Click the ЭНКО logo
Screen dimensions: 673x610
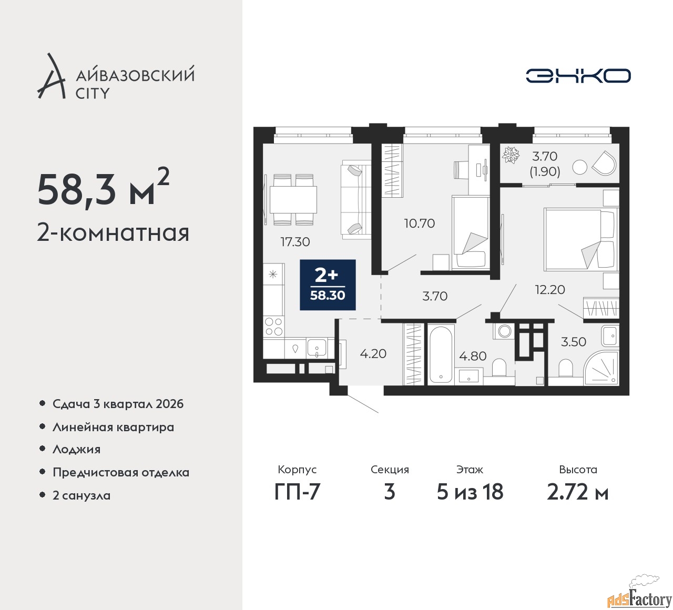pos(578,76)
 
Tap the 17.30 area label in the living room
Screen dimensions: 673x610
pos(295,241)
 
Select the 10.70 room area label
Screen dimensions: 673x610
pos(420,223)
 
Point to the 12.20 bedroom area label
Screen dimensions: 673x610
pos(550,289)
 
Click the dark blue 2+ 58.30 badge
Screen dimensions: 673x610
pos(328,285)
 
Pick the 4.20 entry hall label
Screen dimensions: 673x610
pos(373,354)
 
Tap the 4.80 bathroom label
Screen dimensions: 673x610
pos(473,356)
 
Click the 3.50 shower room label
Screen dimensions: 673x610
pos(574,342)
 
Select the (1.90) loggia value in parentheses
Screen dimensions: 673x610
pos(545,172)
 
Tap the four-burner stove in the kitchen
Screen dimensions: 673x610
pos(274,327)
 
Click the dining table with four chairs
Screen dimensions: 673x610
pos(293,200)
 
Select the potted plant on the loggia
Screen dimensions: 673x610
pos(511,155)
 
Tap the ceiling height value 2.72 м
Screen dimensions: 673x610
pos(578,492)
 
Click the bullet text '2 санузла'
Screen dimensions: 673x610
pos(81,495)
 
